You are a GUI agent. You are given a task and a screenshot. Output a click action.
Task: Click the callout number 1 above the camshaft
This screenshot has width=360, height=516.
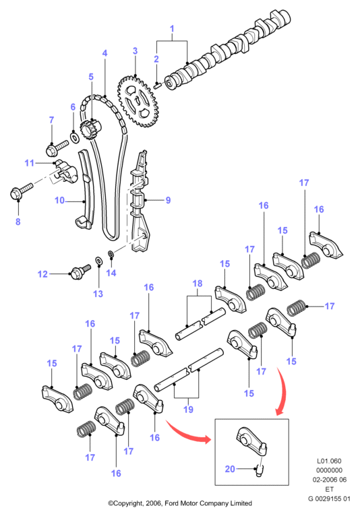172,29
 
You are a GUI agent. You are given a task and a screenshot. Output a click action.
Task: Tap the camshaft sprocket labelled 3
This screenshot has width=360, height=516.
138,101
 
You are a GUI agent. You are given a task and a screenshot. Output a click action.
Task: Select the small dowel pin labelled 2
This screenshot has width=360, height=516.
157,86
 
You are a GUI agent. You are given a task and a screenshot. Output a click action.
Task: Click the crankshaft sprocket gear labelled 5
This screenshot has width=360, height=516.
90,131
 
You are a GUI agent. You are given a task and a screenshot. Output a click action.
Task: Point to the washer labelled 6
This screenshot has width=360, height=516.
75,137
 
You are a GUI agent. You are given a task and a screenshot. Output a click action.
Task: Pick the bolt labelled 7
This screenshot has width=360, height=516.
57,148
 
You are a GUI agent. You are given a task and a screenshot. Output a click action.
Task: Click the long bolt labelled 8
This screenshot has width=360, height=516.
22,191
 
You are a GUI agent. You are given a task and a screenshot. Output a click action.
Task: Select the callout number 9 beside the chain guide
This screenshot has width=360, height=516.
168,200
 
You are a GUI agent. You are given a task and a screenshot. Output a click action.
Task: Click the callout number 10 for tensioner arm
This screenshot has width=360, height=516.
59,200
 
